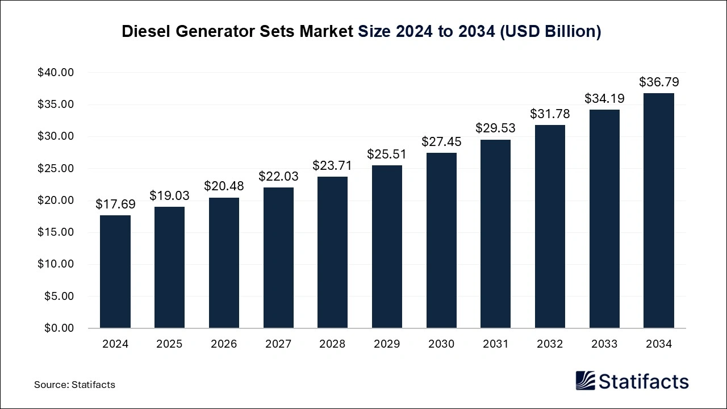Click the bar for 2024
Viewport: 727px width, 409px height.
(x=115, y=272)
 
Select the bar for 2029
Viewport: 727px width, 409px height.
(x=387, y=247)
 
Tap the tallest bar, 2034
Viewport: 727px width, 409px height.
(x=659, y=210)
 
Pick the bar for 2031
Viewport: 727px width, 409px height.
(x=495, y=233)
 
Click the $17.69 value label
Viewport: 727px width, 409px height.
(x=115, y=204)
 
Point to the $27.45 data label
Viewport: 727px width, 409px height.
(x=441, y=142)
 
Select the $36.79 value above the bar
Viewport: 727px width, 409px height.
(x=659, y=82)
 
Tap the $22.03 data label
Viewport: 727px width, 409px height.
(x=278, y=177)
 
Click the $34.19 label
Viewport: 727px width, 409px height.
(x=604, y=99)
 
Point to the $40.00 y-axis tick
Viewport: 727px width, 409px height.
(x=56, y=73)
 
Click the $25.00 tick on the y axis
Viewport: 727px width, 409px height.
(x=56, y=169)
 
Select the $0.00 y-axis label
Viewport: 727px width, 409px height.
(x=59, y=328)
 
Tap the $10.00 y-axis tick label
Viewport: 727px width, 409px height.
(x=56, y=264)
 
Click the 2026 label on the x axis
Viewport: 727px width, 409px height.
(x=224, y=344)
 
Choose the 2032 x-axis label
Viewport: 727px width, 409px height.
(x=550, y=344)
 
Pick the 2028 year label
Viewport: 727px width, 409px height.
(x=333, y=344)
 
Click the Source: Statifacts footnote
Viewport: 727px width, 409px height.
(x=74, y=385)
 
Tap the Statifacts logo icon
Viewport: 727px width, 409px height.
(x=585, y=381)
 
